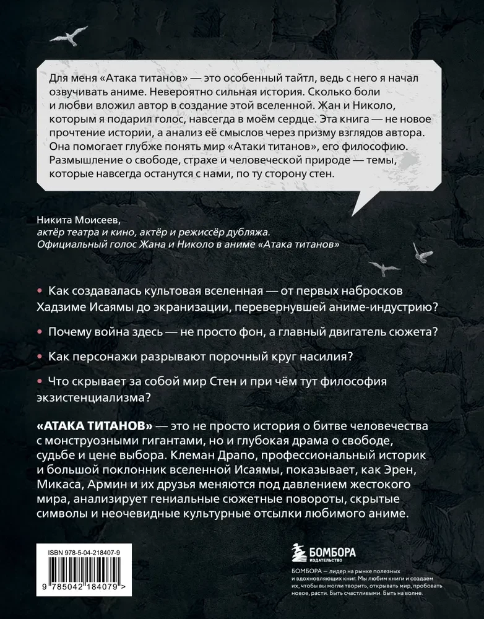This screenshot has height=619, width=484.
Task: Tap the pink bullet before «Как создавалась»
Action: (x=40, y=291)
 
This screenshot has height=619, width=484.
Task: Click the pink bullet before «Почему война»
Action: (x=40, y=332)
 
